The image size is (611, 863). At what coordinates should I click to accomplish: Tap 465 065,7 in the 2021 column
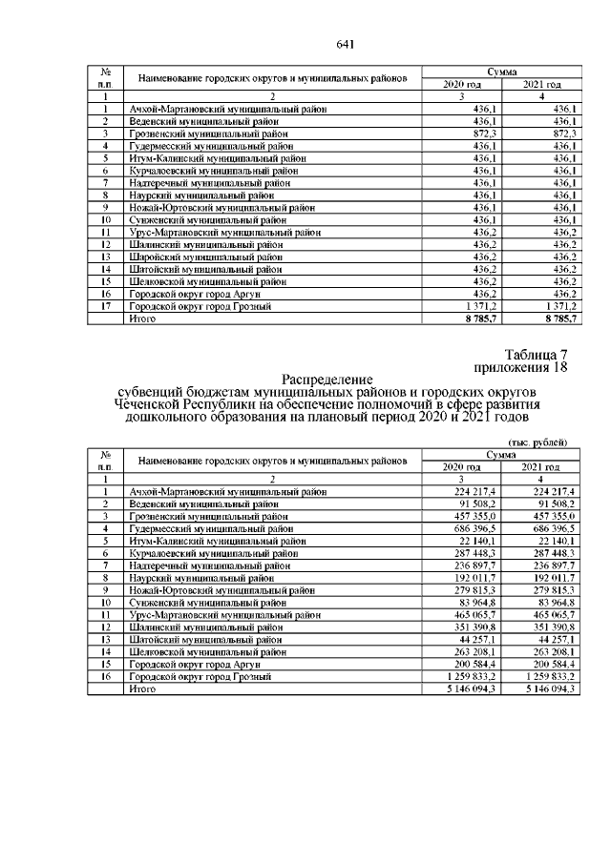click(x=553, y=614)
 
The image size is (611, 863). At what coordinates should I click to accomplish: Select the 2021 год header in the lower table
click(x=540, y=466)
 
